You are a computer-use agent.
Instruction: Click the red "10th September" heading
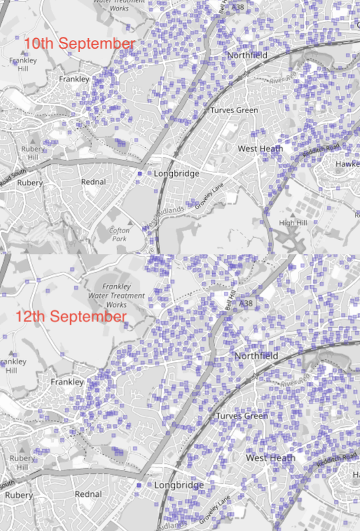79,44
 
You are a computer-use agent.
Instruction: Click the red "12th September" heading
71,317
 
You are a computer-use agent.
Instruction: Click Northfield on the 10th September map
248,56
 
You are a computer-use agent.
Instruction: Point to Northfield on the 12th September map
256,356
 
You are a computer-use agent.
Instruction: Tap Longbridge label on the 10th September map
175,173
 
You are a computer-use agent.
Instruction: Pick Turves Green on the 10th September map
234,110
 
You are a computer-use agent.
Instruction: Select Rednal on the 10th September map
93,181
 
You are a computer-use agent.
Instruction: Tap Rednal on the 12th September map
88,494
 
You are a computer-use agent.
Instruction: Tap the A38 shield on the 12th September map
246,304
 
